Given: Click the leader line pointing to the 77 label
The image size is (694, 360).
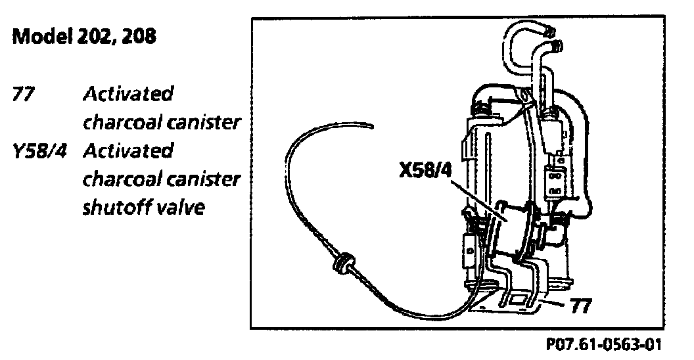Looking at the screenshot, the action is click(555, 303).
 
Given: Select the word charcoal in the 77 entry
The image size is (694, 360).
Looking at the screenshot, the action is click(123, 123).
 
